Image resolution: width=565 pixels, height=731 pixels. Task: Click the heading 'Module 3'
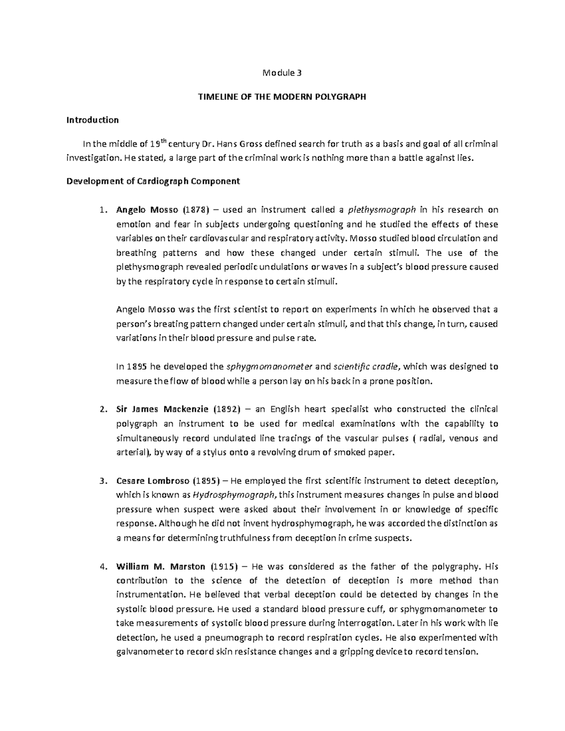point(282,73)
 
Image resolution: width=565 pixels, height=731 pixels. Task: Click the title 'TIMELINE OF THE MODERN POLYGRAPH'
point(282,97)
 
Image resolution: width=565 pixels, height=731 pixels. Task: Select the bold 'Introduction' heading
point(92,120)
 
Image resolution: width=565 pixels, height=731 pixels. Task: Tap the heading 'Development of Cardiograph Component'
point(153,181)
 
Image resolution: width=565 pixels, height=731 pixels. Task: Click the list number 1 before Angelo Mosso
point(103,210)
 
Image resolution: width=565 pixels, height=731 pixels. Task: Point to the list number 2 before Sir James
point(103,410)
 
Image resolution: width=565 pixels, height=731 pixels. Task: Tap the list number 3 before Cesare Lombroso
point(103,481)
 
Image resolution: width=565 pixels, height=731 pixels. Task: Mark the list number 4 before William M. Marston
point(103,567)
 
